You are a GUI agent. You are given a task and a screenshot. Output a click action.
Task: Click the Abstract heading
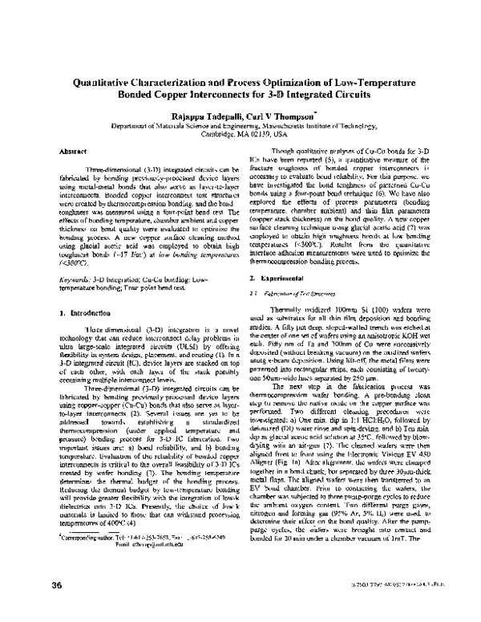point(73,150)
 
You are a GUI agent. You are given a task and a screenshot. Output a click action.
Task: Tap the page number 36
point(58,605)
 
